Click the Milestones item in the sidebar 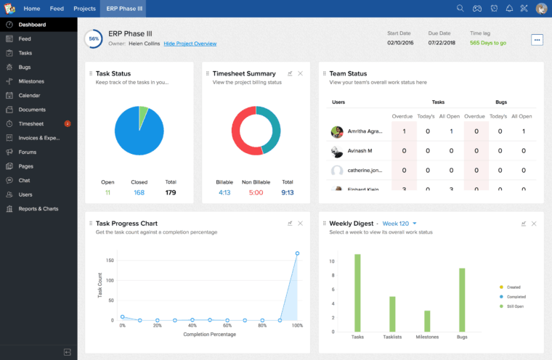(x=31, y=81)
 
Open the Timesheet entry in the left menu (x=31, y=123)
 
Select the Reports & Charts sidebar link (x=38, y=208)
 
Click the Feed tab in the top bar (x=57, y=9)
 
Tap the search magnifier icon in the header (x=460, y=9)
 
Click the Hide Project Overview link (x=190, y=44)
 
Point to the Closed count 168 (x=139, y=192)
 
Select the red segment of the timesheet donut (x=243, y=142)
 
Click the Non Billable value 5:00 (x=256, y=192)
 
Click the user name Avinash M (x=360, y=151)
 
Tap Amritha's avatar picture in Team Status (x=337, y=132)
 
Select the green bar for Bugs (x=462, y=300)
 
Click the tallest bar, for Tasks (x=357, y=292)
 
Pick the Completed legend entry (x=515, y=297)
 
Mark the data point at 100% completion (x=297, y=253)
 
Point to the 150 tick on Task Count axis (x=110, y=260)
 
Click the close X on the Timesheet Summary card (x=301, y=73)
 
